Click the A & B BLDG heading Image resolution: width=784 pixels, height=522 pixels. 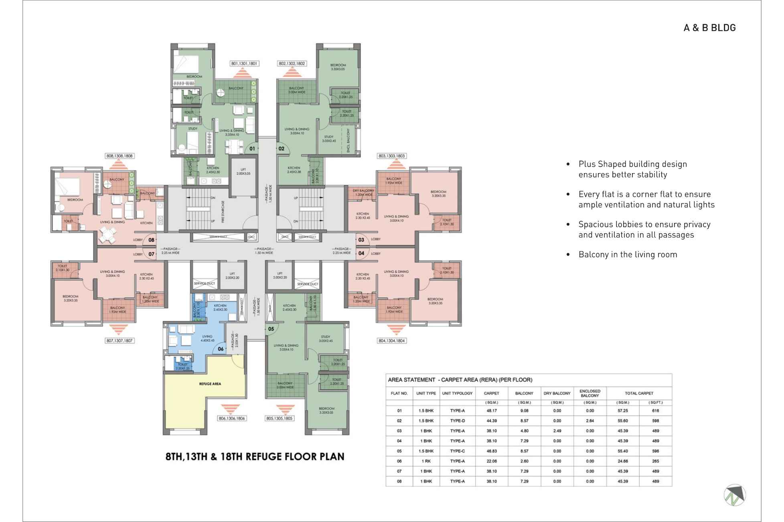tap(709, 28)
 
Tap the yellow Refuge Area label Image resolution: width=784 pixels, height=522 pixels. tap(210, 384)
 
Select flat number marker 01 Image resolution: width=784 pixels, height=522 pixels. tap(252, 149)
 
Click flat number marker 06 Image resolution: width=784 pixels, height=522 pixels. tap(221, 349)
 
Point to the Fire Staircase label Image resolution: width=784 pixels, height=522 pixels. tap(223, 212)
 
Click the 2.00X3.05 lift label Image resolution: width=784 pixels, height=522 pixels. tap(243, 171)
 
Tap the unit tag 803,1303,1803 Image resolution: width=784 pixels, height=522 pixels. tap(392, 156)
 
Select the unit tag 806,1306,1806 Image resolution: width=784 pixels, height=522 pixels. tap(232, 418)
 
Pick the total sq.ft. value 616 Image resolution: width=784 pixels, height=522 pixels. tap(655, 411)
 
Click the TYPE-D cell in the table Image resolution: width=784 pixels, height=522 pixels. tap(457, 421)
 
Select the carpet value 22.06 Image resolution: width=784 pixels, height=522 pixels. tap(491, 461)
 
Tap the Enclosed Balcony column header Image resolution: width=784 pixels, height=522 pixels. tap(590, 393)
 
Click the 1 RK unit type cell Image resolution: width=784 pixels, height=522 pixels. tap(426, 461)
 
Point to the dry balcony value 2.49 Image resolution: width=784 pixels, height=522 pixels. tap(557, 431)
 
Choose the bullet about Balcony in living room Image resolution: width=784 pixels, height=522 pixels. tap(628, 255)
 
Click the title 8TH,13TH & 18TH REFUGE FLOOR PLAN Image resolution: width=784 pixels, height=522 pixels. tap(255, 457)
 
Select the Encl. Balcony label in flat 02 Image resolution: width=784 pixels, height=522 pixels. tap(348, 140)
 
